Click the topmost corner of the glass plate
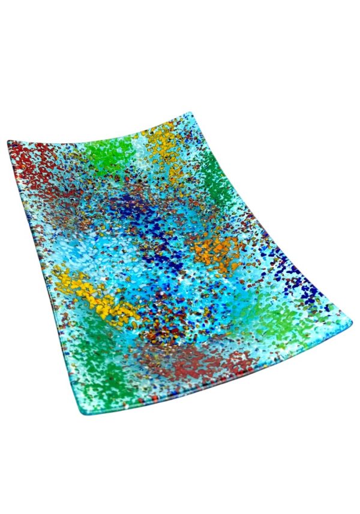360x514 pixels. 190,113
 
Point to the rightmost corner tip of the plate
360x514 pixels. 350,324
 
